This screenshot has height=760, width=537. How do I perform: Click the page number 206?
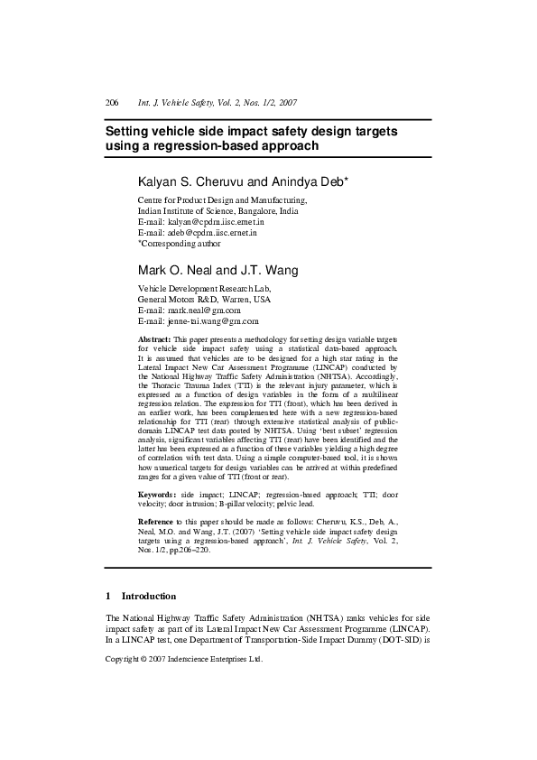coord(112,104)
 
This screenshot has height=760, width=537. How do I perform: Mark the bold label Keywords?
coord(157,496)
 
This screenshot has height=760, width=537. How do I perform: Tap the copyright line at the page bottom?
coord(184,659)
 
